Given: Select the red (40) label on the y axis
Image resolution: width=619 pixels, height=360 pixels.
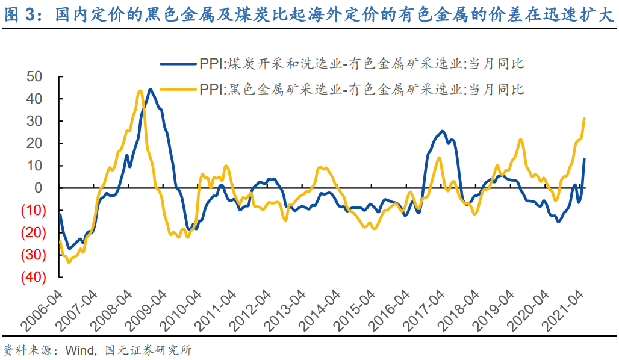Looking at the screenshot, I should (35, 278).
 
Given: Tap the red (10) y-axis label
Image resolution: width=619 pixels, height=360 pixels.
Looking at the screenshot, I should (35, 211).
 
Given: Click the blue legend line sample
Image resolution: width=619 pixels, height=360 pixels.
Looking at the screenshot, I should (178, 63).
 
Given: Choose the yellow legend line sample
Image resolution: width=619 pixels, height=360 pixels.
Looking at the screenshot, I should (178, 90).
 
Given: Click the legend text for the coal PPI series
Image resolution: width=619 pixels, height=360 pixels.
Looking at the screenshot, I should (364, 63).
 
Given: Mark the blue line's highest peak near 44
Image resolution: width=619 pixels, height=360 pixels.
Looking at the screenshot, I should (150, 89).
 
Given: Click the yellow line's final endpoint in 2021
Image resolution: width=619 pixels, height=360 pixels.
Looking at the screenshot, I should (584, 118).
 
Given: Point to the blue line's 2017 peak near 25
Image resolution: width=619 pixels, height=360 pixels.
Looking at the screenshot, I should (442, 131).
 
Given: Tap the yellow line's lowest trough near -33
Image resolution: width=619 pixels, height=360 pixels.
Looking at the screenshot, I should (69, 262).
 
